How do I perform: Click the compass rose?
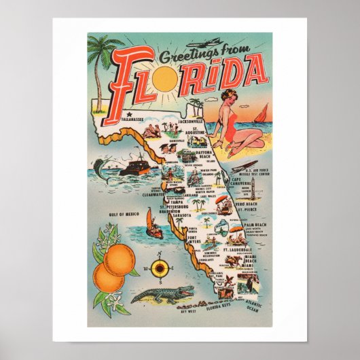coord(160,269)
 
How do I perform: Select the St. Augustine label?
coord(197,130)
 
